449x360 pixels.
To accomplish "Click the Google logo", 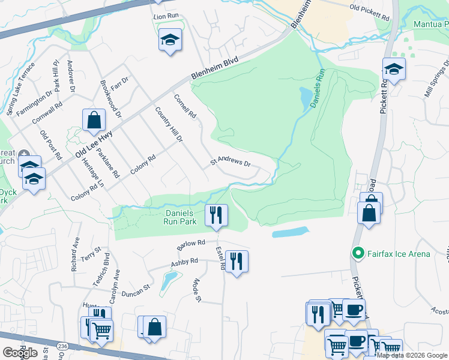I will coord(20,353).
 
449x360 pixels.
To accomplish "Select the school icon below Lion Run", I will coord(170,40).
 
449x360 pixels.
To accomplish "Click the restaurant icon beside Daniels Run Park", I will coord(216,215).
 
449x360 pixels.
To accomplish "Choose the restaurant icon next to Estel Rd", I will coord(237,261).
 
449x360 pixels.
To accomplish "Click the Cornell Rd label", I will coord(185,106).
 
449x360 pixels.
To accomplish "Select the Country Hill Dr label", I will coord(168,124).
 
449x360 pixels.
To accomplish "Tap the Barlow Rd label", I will coord(191,245).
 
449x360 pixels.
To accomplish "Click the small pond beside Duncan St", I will coord(169,279).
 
